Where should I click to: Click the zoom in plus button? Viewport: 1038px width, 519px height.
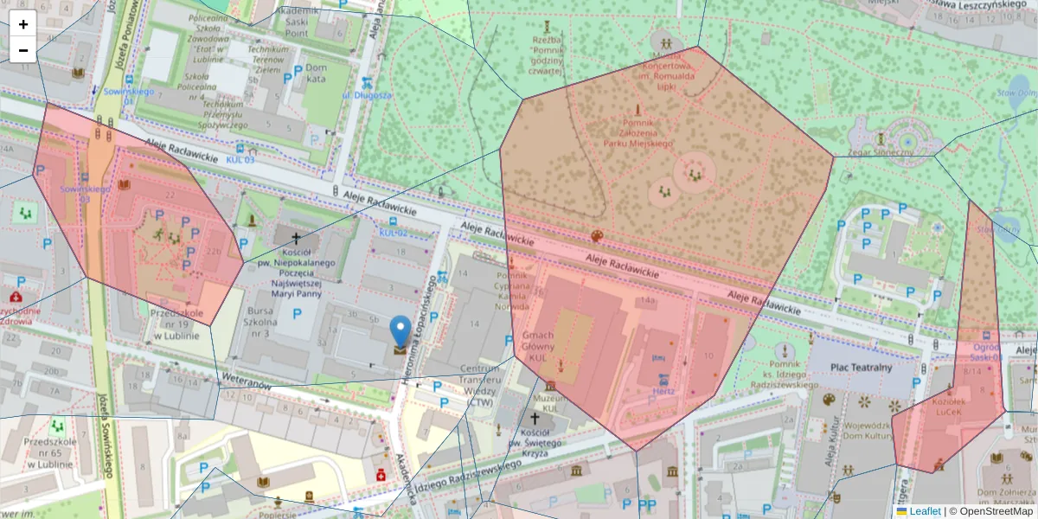click(23, 24)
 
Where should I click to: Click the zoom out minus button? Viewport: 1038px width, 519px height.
click(23, 50)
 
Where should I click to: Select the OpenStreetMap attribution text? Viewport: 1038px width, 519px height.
click(990, 511)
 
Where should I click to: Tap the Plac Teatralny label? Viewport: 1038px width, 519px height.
click(861, 367)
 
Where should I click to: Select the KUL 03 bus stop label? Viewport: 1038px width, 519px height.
click(240, 159)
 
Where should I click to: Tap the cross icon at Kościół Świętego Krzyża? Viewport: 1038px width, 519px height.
click(534, 418)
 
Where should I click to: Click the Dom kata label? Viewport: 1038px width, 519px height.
click(316, 74)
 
